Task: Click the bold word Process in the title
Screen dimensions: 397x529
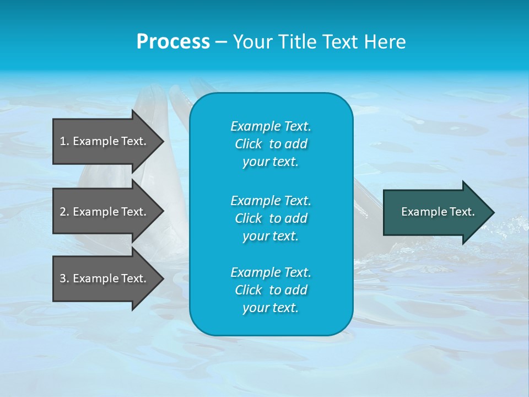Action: tap(173, 42)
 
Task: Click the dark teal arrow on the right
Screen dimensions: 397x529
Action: tap(435, 212)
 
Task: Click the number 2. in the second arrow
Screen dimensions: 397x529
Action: tap(64, 212)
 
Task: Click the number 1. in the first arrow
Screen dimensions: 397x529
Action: tap(64, 141)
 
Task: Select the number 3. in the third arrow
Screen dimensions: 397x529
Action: tap(64, 278)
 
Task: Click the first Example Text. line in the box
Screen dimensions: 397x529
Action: tap(271, 126)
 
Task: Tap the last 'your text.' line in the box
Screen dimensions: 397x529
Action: tap(271, 308)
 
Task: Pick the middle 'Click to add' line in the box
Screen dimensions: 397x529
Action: tap(271, 218)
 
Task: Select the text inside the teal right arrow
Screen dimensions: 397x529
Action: tap(438, 212)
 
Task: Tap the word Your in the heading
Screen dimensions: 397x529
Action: tap(253, 42)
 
